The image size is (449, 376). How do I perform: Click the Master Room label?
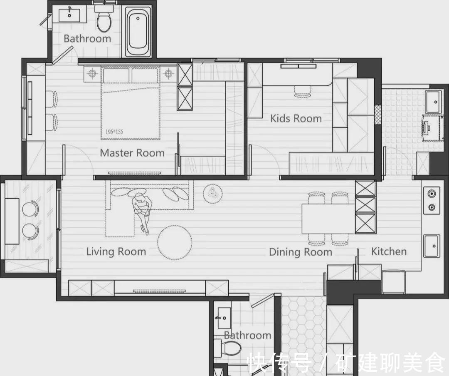[x=132, y=153]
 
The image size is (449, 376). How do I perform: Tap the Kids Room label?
[x=296, y=118]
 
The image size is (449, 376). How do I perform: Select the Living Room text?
[x=116, y=252]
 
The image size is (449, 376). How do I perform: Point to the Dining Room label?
[x=301, y=252]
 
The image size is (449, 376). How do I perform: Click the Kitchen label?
[x=389, y=251]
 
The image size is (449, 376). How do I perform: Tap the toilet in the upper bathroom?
[x=104, y=19]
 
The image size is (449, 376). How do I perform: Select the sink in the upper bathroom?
[x=69, y=15]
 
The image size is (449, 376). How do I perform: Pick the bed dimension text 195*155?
[x=114, y=132]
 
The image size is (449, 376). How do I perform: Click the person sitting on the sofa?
[x=142, y=212]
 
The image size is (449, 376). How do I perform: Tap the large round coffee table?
[x=175, y=242]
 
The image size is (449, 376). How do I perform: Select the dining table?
[x=328, y=219]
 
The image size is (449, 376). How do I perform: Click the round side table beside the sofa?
[x=213, y=194]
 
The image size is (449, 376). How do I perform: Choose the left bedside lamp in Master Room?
[x=91, y=74]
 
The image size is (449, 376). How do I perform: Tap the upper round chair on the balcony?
[x=30, y=209]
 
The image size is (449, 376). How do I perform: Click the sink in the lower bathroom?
[x=224, y=318]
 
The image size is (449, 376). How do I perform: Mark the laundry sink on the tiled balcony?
[x=434, y=102]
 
